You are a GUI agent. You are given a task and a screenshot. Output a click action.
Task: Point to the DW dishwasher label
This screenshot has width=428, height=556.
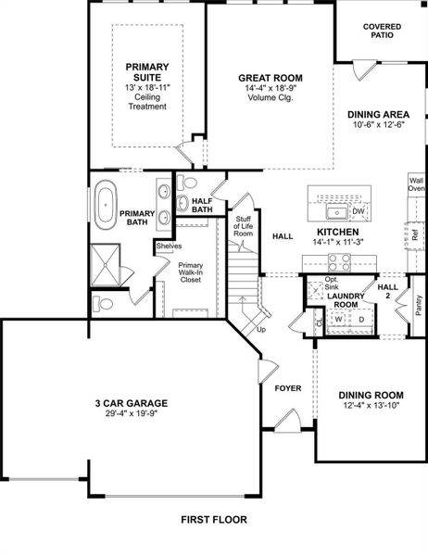359,212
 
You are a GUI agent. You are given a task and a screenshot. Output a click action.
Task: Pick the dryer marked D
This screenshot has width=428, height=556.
361,320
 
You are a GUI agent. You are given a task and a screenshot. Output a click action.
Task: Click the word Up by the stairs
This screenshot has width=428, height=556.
261,329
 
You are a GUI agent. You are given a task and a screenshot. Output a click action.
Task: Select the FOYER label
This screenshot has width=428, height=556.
288,388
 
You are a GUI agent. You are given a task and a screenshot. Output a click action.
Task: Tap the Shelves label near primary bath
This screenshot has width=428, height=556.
168,246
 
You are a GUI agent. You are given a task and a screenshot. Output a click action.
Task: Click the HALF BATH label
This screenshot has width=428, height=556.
202,205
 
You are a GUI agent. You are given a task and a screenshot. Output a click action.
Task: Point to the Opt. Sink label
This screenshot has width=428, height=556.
331,283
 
